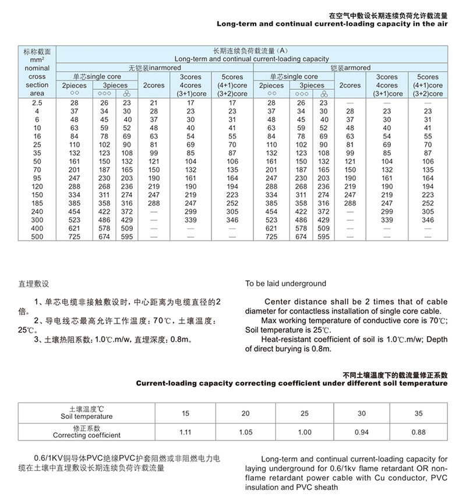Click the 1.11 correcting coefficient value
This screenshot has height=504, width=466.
(x=185, y=432)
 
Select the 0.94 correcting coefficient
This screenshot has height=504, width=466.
(x=362, y=432)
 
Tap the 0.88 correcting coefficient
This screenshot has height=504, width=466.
(x=419, y=432)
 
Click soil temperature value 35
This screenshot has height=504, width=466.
(x=418, y=414)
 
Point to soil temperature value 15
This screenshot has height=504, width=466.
(x=185, y=414)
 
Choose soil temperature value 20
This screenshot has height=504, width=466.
(x=246, y=414)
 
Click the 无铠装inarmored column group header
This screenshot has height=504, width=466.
(x=154, y=68)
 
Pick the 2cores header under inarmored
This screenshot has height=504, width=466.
(x=154, y=85)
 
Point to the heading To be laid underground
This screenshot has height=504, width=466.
(x=285, y=284)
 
